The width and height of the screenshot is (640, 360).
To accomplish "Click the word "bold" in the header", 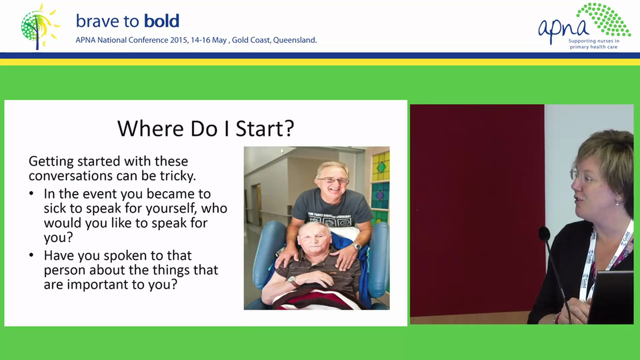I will tap(161, 21).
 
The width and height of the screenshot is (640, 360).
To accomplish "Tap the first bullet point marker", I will tap(32, 193).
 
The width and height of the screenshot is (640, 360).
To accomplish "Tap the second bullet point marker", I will tap(32, 255).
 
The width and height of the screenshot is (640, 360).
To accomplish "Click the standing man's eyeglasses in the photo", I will tap(332, 180).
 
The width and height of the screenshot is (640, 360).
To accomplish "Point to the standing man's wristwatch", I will tap(356, 246).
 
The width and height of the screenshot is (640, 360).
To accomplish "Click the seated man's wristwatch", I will tap(291, 279).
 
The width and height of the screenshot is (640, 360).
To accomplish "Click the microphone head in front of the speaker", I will tap(544, 233).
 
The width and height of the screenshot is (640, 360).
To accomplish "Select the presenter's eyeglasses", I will tap(582, 175).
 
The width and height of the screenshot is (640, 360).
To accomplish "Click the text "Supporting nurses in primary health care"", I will tap(593, 44).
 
